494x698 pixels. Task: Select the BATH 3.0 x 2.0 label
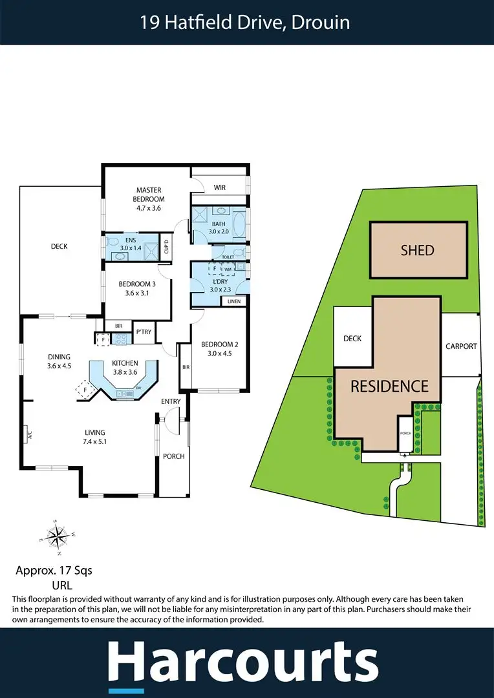[x=219, y=227]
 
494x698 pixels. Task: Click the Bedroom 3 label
[x=136, y=288]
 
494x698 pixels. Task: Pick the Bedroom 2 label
[x=216, y=348]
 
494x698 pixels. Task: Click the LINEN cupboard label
[x=233, y=301]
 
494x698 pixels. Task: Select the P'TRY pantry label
[x=143, y=332]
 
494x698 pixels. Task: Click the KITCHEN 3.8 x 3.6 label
[x=125, y=366]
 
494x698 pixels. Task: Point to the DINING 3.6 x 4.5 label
[x=59, y=361]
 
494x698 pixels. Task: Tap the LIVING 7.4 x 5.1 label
[x=94, y=437]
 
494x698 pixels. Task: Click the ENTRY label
[x=171, y=402]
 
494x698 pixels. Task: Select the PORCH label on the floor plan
[x=174, y=456]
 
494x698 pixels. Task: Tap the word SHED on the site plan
[x=417, y=250]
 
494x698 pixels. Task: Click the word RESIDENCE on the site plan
[x=389, y=386]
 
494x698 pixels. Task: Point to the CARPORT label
[x=461, y=346]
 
